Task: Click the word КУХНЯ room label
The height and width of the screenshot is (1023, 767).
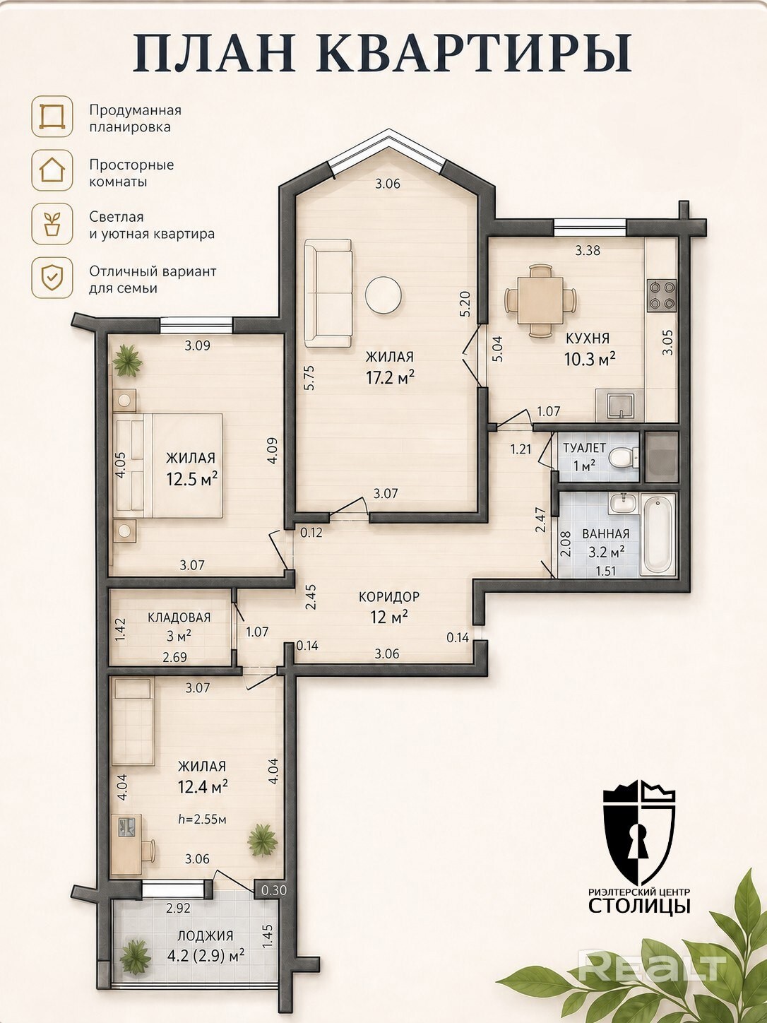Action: (x=588, y=338)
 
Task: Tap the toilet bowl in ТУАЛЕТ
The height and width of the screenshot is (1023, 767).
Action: (x=622, y=456)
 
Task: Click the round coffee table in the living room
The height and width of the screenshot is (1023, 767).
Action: (x=383, y=295)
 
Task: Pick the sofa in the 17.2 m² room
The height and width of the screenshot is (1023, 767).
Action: (x=328, y=293)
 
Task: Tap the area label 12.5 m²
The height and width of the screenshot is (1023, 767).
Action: (x=192, y=478)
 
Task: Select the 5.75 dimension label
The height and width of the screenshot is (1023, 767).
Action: (x=311, y=377)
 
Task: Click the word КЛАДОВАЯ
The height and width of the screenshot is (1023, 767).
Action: (x=179, y=617)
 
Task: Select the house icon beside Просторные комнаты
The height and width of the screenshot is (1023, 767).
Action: (x=52, y=170)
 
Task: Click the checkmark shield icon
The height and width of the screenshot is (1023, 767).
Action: (x=52, y=278)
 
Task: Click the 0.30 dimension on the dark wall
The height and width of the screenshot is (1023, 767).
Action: (x=274, y=889)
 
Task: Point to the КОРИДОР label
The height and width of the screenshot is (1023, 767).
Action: (x=389, y=596)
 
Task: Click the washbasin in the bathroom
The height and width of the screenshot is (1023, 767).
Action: (x=624, y=504)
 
